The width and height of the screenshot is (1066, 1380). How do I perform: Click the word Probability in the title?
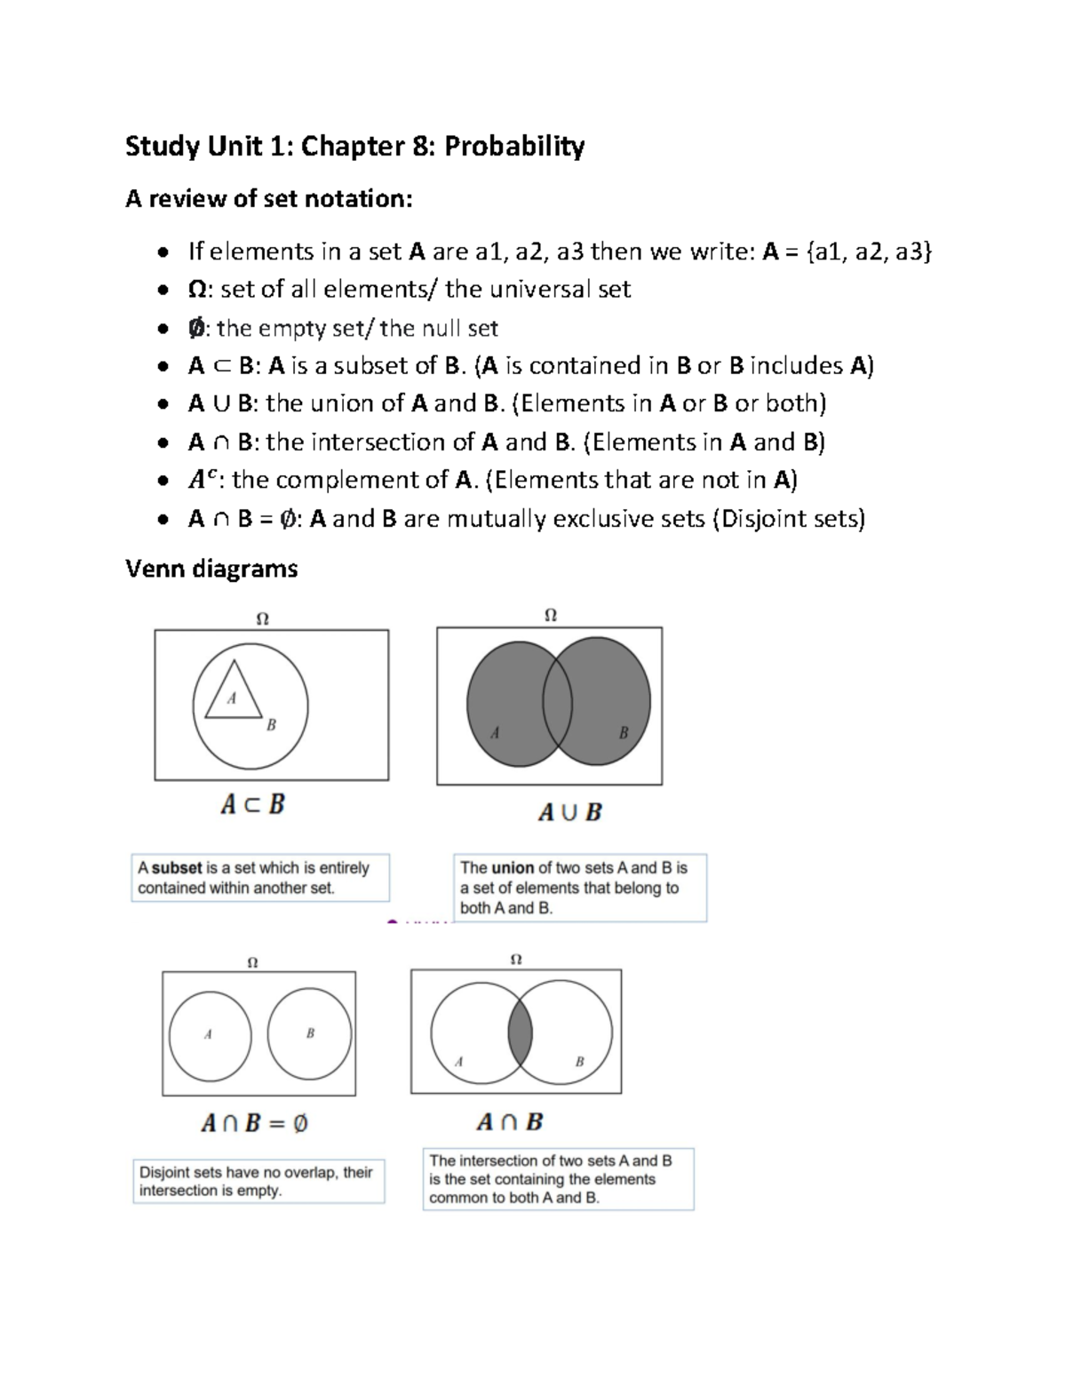514,146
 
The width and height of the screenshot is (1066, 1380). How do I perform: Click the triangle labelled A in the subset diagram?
233,693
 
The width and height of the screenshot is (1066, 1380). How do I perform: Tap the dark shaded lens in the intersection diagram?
521,1032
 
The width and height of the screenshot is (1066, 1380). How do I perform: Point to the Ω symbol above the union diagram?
550,615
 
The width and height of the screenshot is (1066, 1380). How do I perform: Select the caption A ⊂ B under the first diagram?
252,805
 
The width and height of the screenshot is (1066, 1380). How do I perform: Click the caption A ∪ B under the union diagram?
569,811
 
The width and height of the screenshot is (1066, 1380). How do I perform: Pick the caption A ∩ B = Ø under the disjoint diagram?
254,1123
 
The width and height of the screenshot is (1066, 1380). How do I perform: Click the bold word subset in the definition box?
177,868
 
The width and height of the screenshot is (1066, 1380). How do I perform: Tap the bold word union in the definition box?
513,868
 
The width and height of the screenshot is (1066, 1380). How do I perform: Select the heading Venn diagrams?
211,569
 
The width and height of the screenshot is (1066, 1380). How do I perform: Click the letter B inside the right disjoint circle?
310,1033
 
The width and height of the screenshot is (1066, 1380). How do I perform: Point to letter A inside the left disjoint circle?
208,1034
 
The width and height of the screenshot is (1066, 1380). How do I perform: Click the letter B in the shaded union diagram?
623,733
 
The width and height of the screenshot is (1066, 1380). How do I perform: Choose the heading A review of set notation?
269,199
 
